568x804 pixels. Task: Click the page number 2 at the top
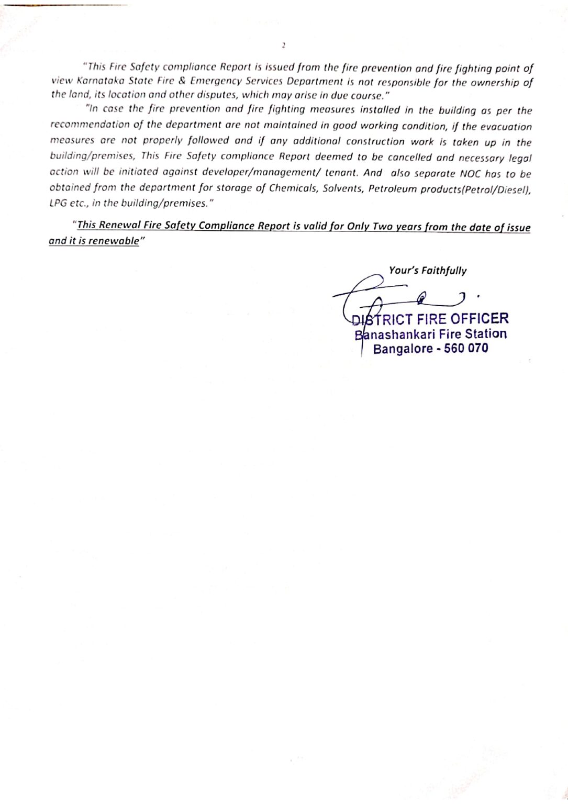[283, 46]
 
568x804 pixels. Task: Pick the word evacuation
[506, 127]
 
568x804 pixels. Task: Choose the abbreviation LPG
[58, 203]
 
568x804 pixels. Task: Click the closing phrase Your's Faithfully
[427, 271]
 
